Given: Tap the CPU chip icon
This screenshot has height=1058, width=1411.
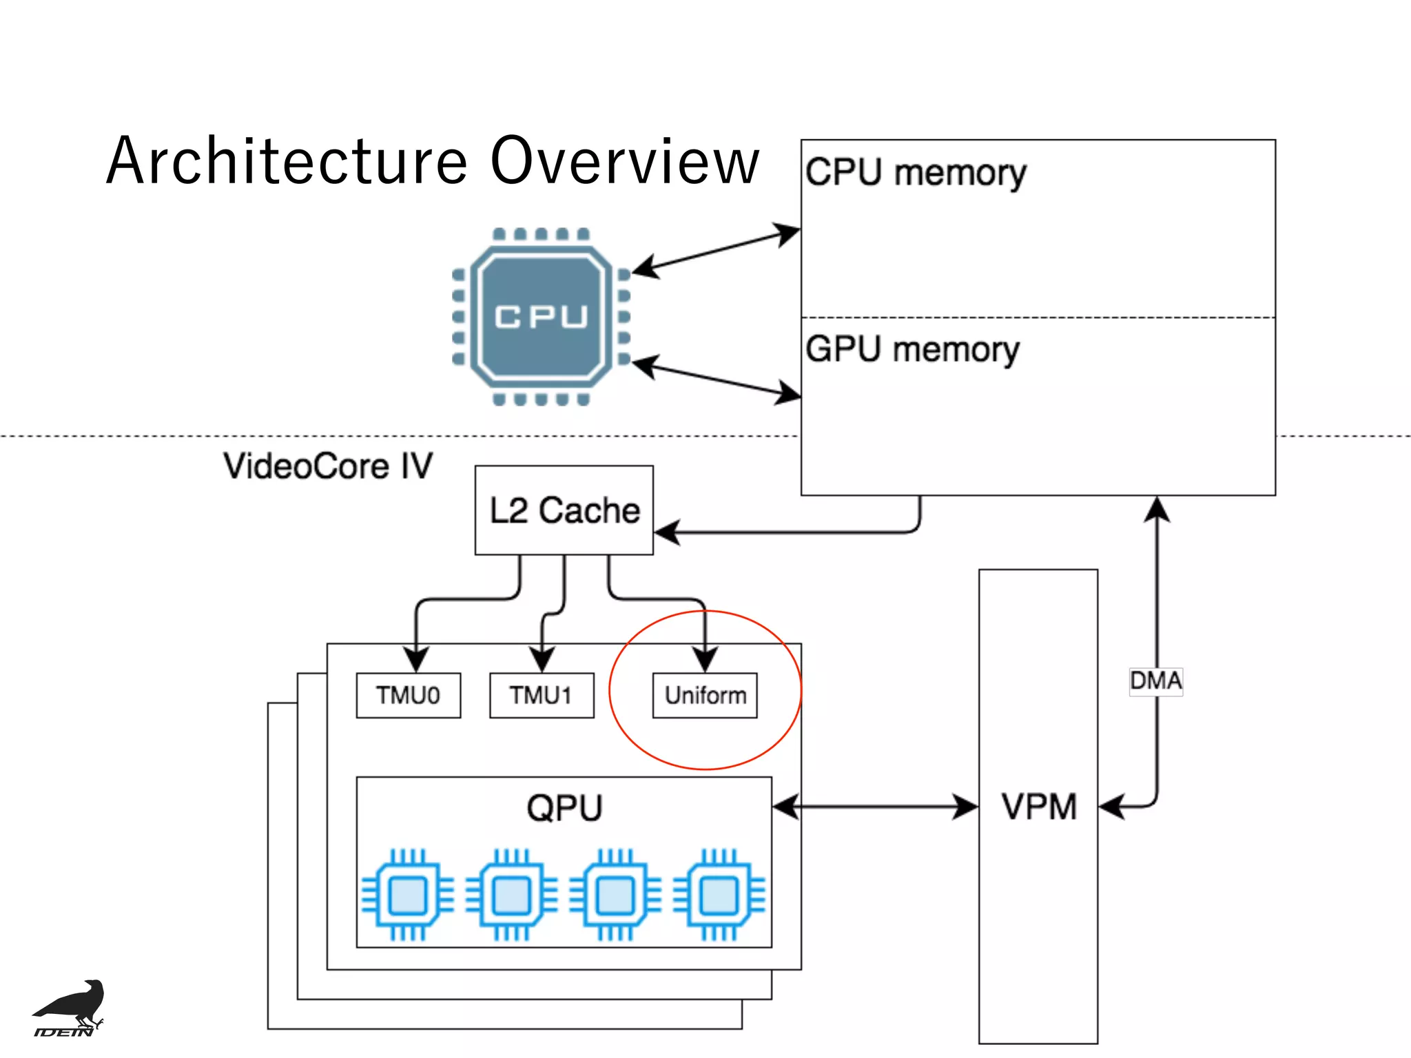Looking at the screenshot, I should (x=541, y=316).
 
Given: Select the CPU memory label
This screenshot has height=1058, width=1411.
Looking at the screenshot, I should (x=916, y=172).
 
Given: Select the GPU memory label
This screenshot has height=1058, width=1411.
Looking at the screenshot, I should (x=912, y=349).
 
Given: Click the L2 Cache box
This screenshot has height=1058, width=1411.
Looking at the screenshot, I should (x=564, y=510).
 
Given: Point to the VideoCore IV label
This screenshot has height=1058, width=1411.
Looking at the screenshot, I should (x=328, y=466).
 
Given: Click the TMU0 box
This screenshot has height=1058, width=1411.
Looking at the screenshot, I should (x=408, y=696).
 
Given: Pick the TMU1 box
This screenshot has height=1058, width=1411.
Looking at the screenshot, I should (x=542, y=696).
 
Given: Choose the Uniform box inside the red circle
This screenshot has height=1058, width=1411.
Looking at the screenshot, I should (x=705, y=696).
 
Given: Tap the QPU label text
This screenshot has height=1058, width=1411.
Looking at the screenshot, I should (x=564, y=808).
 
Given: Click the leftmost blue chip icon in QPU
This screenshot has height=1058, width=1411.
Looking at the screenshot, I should (x=408, y=895).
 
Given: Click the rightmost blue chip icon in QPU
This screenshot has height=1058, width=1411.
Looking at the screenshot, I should (x=719, y=895).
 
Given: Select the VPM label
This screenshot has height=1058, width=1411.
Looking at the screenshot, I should (x=1038, y=807).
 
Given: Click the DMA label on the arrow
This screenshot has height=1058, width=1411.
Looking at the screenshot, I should (x=1155, y=681).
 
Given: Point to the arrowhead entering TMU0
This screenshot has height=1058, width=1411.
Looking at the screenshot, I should (x=415, y=659).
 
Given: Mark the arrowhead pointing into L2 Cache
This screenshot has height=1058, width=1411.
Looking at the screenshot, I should (x=666, y=532).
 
